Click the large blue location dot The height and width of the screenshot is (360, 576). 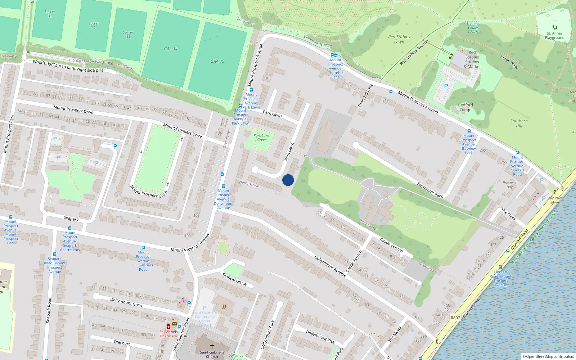coord(288,180)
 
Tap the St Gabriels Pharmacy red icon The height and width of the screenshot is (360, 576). coord(168,326)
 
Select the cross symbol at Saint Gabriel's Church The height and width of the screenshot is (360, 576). coord(212,346)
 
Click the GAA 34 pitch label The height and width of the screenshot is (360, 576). coord(171,49)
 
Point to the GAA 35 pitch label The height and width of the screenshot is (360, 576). coord(217,61)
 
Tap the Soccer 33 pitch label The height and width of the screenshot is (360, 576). coord(128,34)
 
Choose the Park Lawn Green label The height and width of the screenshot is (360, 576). coord(262,138)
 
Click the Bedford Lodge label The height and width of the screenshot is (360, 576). coord(465,107)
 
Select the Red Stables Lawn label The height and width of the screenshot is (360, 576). coord(399,39)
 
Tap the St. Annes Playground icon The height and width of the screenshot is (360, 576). coord(555,27)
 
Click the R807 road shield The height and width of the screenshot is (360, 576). coord(455,318)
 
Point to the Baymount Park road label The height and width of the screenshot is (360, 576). coord(430,190)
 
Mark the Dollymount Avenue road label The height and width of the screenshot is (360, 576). coord(330,266)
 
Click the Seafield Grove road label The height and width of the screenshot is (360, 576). coord(234,279)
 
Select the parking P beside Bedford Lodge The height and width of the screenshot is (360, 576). coord(446,86)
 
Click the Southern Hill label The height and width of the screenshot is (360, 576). coord(519,123)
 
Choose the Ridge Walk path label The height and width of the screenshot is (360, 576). coord(509,62)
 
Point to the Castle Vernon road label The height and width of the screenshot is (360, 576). coord(391,245)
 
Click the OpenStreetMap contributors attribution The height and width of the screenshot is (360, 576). coord(549,357)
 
